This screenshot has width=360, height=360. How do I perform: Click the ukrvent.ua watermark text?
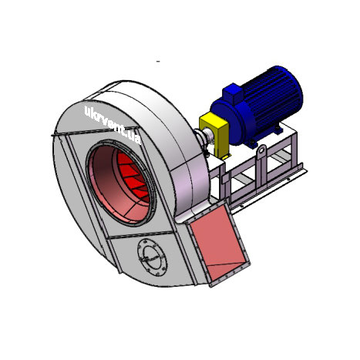pyautogui.click(x=113, y=125)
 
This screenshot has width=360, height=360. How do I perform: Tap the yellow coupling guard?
pyautogui.click(x=214, y=134)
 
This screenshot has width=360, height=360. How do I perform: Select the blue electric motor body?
pyautogui.click(x=257, y=106)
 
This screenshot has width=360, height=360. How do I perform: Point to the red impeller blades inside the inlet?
pyautogui.click(x=133, y=177)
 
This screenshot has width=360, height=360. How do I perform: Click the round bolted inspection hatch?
pyautogui.click(x=152, y=257)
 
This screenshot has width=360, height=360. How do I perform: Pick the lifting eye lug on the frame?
pyautogui.click(x=261, y=152)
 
